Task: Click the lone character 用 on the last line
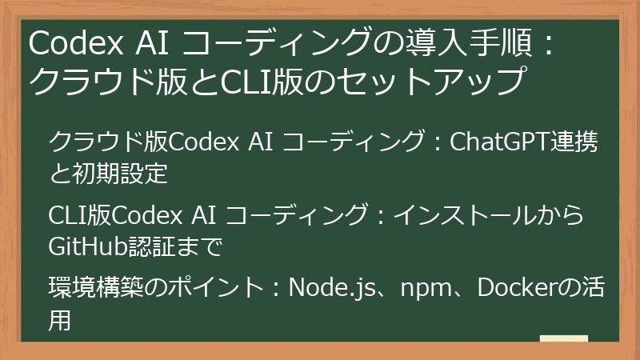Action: (x=61, y=317)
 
